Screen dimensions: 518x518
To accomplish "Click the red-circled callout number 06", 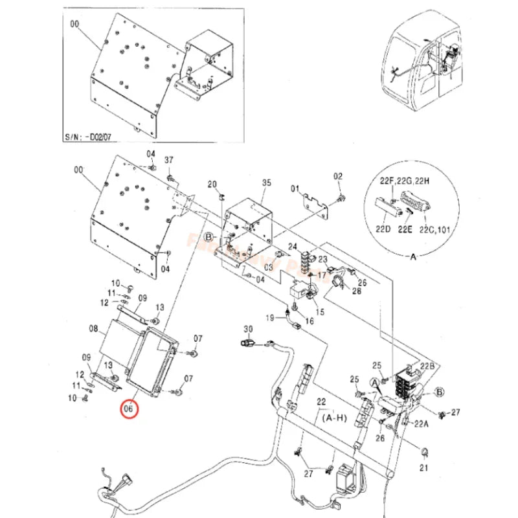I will [x=128, y=409].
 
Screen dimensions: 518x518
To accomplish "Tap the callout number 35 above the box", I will [x=265, y=183].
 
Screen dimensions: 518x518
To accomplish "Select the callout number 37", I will [x=169, y=160].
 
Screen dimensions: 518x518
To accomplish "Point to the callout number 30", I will [x=247, y=329].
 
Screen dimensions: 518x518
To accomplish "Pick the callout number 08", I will [x=93, y=329].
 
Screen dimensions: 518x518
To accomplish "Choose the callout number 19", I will [x=270, y=317].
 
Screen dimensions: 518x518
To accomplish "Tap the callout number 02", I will [x=337, y=177].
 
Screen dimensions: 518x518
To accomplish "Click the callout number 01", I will [x=297, y=189].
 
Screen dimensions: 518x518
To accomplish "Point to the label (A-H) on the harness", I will [x=333, y=418].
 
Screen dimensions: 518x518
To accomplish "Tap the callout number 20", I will [x=212, y=185].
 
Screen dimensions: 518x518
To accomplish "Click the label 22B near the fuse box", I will [x=428, y=366].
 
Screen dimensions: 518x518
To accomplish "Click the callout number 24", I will [x=293, y=247].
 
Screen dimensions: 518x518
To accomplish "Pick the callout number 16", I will [x=310, y=321].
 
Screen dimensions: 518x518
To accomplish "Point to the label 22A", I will [x=422, y=425].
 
